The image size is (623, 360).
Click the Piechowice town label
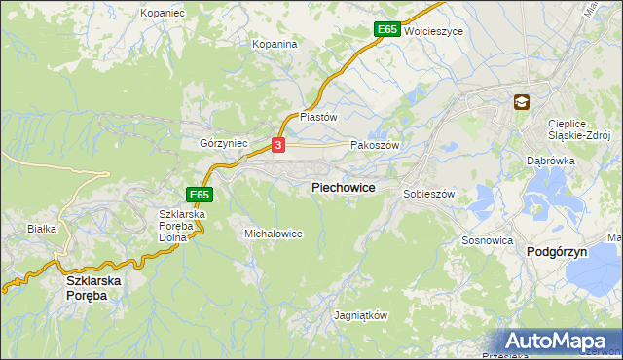tap(343, 187)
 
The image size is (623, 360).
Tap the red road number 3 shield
tap(278, 145)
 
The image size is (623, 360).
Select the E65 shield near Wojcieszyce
tap(386, 30)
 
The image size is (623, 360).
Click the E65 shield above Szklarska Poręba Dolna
tap(200, 195)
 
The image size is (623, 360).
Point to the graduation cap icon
tap(522, 101)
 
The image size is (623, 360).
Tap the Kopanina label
tap(274, 45)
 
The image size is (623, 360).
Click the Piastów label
tap(317, 117)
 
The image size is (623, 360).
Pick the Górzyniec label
tap(224, 143)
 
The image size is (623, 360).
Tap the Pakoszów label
tap(375, 144)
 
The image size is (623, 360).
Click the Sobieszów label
tap(429, 195)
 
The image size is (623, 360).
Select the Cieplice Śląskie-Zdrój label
tap(578, 129)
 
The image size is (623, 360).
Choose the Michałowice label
tap(274, 234)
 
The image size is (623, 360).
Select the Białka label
tap(42, 229)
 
